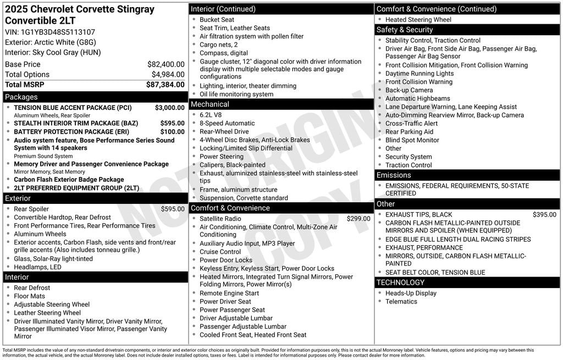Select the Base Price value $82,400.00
click(166, 64)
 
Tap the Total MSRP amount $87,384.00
click(165, 85)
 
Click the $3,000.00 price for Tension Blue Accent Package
click(170, 108)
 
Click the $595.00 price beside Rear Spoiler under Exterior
click(173, 209)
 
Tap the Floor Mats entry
click(30, 296)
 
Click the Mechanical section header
click(209, 104)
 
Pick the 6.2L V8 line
click(211, 115)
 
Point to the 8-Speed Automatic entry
click(227, 123)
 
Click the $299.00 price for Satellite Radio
click(358, 219)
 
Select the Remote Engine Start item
click(229, 293)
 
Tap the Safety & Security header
click(404, 30)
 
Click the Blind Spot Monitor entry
click(412, 140)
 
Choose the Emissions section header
click(394, 175)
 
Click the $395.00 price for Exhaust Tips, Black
click(544, 215)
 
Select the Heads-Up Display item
click(411, 293)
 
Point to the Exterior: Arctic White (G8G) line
click(53, 42)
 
